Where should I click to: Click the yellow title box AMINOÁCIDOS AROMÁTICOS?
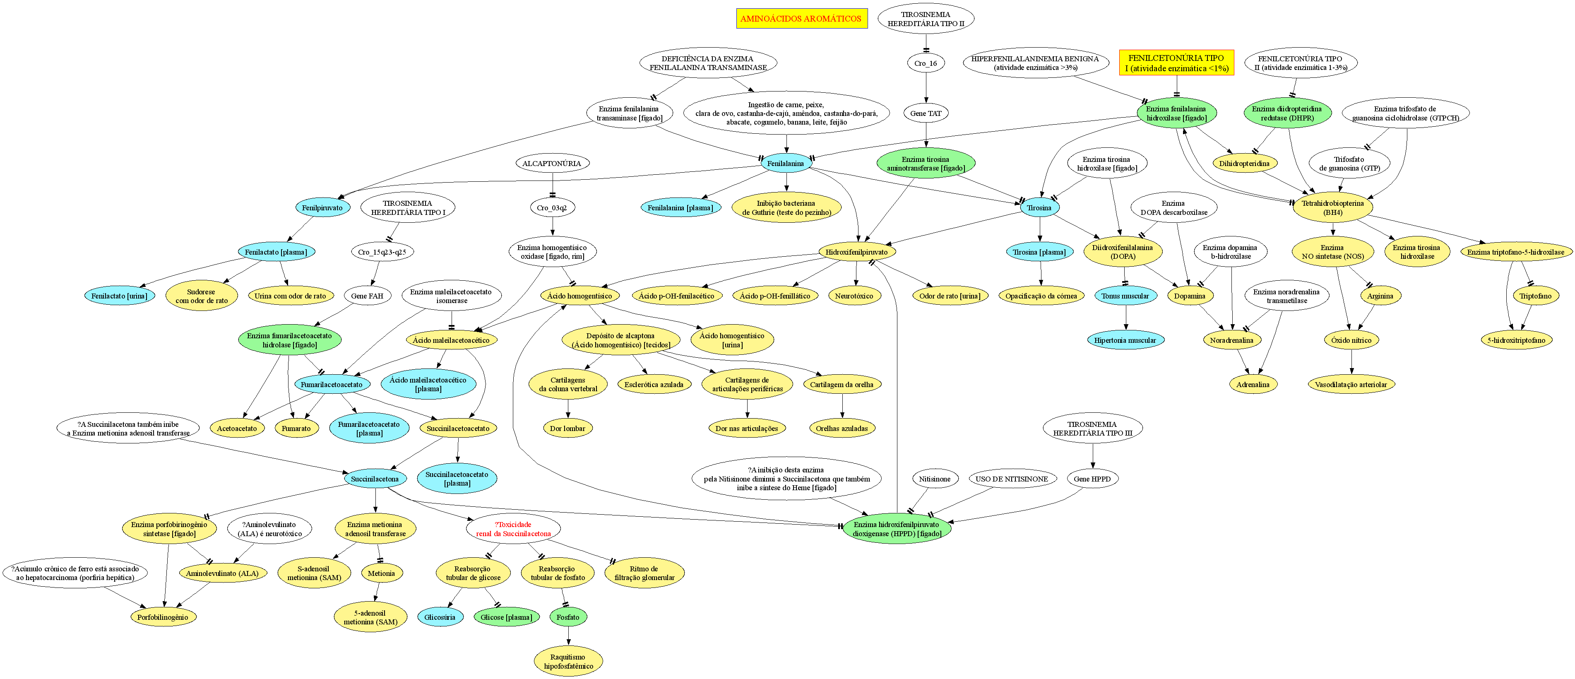point(801,18)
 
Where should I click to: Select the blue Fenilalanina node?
point(786,163)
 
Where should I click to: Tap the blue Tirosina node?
point(1039,207)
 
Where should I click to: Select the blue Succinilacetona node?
point(375,479)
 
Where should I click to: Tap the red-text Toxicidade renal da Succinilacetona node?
point(514,529)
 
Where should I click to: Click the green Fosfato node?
point(568,617)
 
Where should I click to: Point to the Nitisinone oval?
point(934,479)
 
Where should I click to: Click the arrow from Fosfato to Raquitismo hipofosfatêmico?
point(569,637)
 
